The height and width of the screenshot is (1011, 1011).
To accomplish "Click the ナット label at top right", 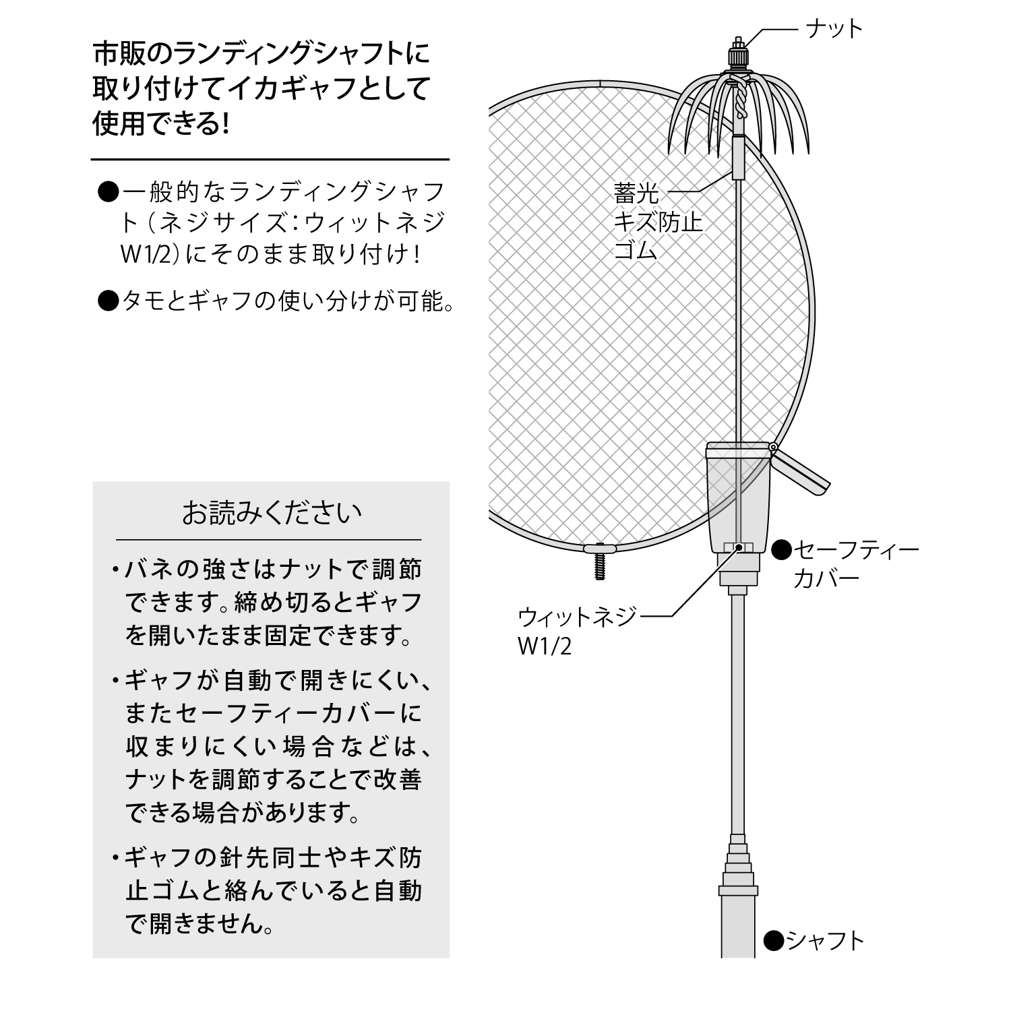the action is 834,29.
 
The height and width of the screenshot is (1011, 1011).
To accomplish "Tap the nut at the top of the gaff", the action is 739,56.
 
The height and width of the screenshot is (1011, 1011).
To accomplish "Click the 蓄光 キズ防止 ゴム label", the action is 658,222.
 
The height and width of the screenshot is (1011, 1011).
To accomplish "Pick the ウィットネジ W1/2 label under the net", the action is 577,631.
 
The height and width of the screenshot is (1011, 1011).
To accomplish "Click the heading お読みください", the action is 272,514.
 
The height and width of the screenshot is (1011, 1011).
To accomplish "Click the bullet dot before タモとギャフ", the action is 109,301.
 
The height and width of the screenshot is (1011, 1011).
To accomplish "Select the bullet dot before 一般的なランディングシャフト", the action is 109,193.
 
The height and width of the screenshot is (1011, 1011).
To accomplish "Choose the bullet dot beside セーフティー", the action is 780,550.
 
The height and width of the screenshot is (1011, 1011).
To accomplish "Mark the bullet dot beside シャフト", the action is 774,940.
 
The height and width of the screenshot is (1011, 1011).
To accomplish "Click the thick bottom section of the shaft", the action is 739,925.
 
